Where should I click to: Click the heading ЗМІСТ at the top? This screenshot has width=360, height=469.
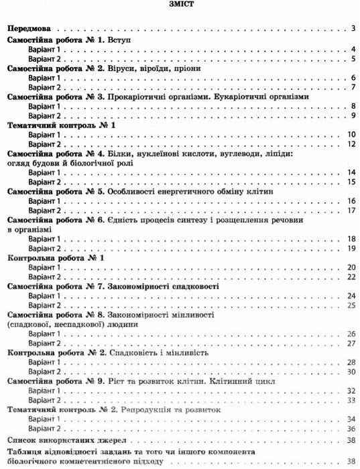(180, 6)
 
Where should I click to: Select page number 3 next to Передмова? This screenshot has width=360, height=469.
(353, 30)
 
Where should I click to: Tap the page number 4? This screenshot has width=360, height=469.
(353, 50)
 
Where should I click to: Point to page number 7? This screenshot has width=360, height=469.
(353, 87)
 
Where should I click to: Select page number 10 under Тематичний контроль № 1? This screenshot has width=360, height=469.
(351, 135)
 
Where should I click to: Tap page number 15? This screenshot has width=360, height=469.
(351, 182)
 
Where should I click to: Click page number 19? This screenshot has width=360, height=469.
(351, 248)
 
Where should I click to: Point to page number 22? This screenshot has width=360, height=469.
(351, 276)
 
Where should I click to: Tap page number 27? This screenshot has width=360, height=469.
(351, 343)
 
